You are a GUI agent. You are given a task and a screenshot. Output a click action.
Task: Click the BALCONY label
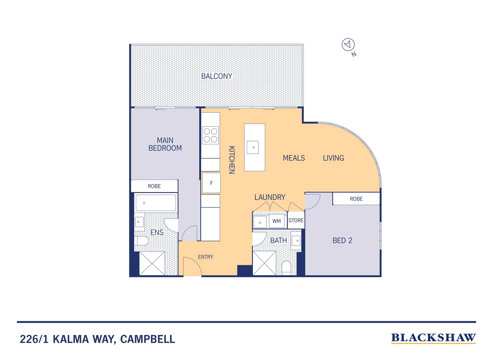pos(217,76)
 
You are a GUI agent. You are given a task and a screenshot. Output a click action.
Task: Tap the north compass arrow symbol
pos(348,44)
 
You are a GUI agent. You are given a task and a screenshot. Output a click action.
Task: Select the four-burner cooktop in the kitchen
pos(211,135)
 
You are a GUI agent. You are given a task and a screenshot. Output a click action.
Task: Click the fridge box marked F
pos(211,183)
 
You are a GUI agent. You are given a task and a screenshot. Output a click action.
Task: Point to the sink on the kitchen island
pos(253,147)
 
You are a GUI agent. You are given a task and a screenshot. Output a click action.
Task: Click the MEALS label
pos(294,158)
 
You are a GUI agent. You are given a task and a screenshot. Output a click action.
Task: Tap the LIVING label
pos(333,158)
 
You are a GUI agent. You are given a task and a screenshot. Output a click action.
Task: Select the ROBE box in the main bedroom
pos(154,186)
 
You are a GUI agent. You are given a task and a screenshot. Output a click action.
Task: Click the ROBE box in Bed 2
pos(356,199)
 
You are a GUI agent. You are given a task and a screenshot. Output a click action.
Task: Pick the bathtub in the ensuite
pos(156,203)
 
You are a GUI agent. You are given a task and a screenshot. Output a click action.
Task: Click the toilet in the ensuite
pos(142,241)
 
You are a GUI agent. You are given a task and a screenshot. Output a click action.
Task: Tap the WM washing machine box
pos(276,221)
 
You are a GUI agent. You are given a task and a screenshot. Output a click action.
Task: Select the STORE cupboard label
pos(296,220)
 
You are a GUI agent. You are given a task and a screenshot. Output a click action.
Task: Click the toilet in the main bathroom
pos(286,267)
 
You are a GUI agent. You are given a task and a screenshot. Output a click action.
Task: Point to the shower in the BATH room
pos(264,263)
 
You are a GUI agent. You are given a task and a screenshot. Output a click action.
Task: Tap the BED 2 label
pos(342,240)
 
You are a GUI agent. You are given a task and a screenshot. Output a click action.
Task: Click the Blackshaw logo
pos(433,338)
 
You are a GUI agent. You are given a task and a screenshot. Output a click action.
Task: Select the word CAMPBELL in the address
pos(147,339)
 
